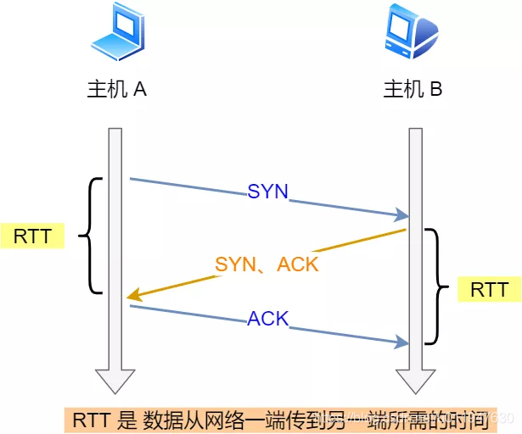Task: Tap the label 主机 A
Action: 117,90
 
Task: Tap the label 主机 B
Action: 413,90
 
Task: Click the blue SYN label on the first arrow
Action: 268,192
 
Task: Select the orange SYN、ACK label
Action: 267,264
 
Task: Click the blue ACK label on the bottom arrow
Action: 268,320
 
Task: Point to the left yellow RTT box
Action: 32,236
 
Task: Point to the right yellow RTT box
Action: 490,290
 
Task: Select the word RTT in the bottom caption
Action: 89,419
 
